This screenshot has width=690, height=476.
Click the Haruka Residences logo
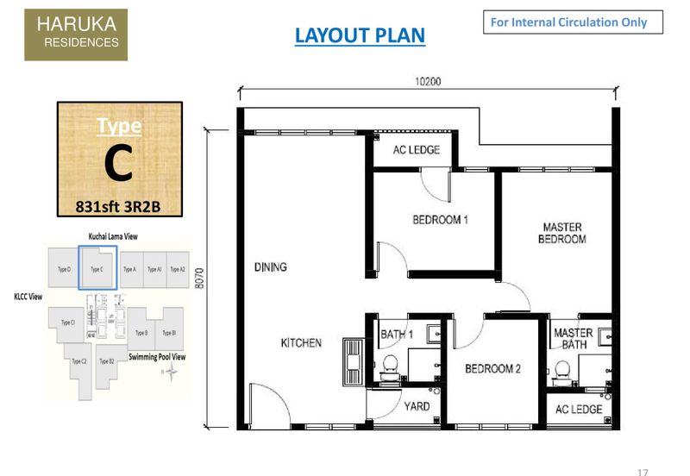tap(76, 34)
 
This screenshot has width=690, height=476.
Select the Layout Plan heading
tap(360, 35)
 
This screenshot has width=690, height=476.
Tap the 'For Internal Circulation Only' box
tap(573, 22)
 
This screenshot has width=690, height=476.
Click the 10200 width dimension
tap(427, 82)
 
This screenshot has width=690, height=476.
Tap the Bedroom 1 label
tap(440, 220)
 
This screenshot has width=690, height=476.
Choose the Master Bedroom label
tap(561, 233)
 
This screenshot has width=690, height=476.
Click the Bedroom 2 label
tap(492, 369)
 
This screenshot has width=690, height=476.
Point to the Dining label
tap(270, 267)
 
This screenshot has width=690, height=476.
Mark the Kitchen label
tap(301, 343)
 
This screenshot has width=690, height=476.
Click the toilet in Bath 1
tap(389, 364)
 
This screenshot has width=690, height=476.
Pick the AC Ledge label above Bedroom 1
tap(417, 150)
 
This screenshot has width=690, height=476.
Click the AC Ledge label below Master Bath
tap(579, 409)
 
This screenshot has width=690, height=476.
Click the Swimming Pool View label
tap(157, 356)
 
